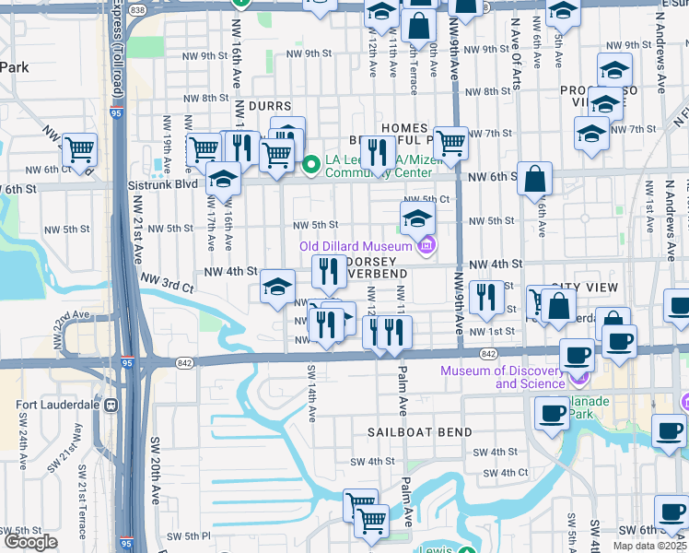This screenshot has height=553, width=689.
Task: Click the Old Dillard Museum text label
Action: pos(356,246)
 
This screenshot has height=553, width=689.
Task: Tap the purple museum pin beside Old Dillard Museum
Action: pos(426,246)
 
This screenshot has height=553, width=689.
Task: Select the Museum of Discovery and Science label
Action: pos(501,377)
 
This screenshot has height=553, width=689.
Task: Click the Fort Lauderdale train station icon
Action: pos(111,405)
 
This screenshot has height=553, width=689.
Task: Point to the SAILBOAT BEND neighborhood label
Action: pos(420,432)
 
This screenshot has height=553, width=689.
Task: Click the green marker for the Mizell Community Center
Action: pos(311,165)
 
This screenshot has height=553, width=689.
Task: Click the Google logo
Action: pos(30,542)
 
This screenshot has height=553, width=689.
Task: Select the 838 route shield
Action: pos(137,7)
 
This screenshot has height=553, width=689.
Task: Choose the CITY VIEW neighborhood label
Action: pos(585,288)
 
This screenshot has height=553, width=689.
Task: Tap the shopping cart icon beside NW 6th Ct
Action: pos(80,148)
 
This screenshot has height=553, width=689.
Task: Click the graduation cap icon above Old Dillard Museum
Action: pos(417,218)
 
